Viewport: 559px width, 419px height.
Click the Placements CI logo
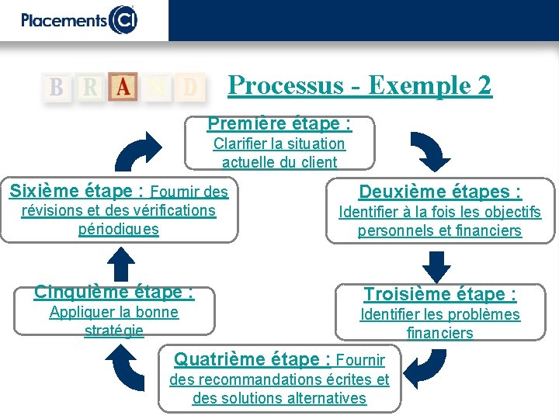(78, 19)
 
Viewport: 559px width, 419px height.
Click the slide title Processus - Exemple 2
(359, 85)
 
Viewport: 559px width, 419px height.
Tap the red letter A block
(123, 87)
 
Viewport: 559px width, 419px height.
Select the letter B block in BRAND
(57, 87)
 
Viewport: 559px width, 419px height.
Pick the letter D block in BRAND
(189, 87)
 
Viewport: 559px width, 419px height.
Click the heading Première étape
(279, 123)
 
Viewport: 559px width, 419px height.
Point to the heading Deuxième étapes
(439, 192)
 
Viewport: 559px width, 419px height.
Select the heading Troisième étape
(440, 294)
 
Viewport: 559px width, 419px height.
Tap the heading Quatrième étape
(252, 359)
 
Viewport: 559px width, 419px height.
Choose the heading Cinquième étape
(113, 292)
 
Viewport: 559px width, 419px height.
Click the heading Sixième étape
(76, 190)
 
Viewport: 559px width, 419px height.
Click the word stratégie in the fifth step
(113, 331)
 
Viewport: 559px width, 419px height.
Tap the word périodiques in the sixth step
(118, 230)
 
